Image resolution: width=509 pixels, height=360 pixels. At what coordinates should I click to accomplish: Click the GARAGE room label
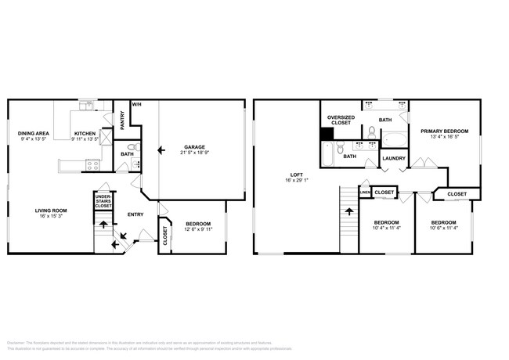pos(194,146)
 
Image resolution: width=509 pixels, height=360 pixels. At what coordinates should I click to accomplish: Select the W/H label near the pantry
pos(136,104)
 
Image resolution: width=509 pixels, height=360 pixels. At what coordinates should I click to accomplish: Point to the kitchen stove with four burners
pos(92,164)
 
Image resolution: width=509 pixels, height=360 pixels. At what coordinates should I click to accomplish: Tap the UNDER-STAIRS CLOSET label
pos(102,200)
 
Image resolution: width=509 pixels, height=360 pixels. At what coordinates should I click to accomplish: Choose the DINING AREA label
pos(34,134)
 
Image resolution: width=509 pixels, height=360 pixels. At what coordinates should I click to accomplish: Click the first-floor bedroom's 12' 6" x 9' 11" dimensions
pos(197,229)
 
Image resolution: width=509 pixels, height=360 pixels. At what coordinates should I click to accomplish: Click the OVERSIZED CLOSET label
pos(341,120)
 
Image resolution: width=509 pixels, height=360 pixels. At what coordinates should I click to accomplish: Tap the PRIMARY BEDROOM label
pos(444,131)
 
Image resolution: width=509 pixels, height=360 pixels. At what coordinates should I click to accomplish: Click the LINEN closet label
pos(364,192)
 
